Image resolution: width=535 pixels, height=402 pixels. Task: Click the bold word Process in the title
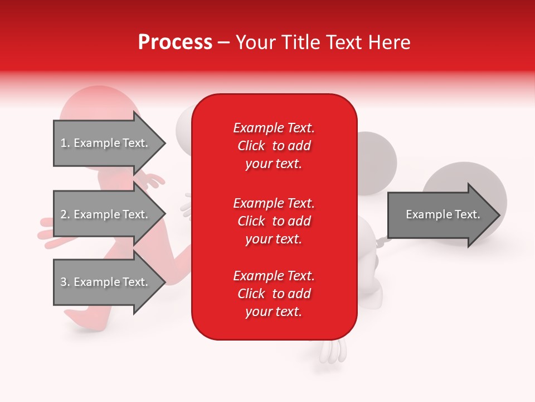click(x=175, y=42)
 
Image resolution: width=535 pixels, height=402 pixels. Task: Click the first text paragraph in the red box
click(x=274, y=146)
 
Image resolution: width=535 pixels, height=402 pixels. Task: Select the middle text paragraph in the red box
click(x=274, y=221)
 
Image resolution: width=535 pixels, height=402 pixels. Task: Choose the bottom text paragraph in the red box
click(x=274, y=294)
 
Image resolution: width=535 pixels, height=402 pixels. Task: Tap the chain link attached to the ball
click(x=380, y=242)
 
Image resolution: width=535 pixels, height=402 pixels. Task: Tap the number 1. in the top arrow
click(x=65, y=143)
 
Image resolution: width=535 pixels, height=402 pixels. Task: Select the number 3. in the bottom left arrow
click(x=65, y=282)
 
